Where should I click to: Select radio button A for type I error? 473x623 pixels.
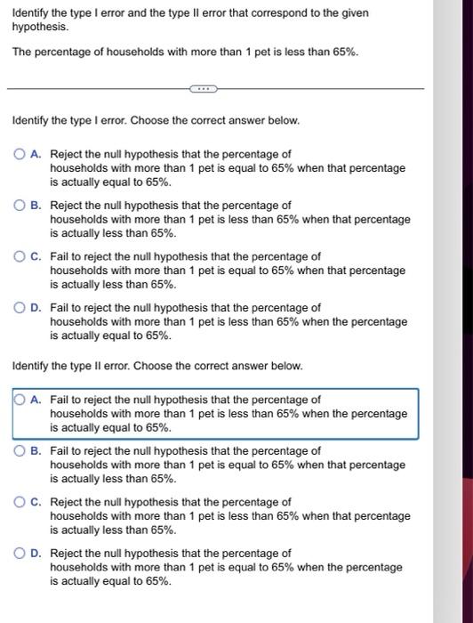tap(20, 154)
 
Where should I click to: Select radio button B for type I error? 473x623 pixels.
tap(20, 206)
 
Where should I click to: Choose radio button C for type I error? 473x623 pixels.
tap(20, 256)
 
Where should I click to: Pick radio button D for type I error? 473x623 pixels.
tap(20, 308)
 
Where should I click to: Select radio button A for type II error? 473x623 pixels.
tap(20, 400)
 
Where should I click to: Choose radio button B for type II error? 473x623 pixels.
tap(20, 451)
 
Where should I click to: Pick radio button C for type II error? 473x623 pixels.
tap(20, 502)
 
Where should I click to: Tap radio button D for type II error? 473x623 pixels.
tap(20, 554)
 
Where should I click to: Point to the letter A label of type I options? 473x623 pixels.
tap(35, 154)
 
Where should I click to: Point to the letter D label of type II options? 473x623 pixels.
tap(35, 554)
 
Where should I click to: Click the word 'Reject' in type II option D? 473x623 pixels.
tap(67, 554)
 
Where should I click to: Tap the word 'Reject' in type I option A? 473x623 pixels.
tap(67, 154)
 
